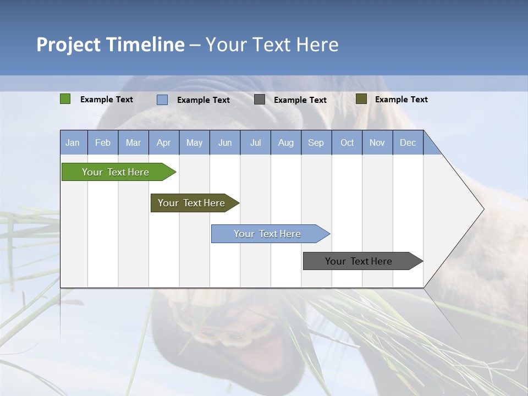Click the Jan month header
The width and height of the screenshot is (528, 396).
[x=73, y=142]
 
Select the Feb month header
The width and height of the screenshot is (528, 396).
[x=103, y=142]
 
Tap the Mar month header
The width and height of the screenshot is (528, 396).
[x=133, y=142]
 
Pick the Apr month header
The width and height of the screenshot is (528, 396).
[x=164, y=142]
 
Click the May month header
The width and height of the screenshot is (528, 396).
[x=194, y=142]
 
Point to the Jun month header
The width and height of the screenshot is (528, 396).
[x=225, y=142]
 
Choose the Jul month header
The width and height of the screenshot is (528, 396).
[x=255, y=142]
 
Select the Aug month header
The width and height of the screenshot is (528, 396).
[x=286, y=142]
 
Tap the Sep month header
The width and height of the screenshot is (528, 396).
[x=316, y=142]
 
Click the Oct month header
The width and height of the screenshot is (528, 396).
[x=347, y=142]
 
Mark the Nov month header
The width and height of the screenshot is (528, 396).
[x=377, y=142]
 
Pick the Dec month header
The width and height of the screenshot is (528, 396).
[x=408, y=142]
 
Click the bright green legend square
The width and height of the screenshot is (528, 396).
[x=65, y=99]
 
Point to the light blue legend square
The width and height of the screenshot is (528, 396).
[x=162, y=100]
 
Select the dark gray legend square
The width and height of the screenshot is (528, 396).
[x=260, y=100]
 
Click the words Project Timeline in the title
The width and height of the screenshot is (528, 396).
[x=111, y=45]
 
